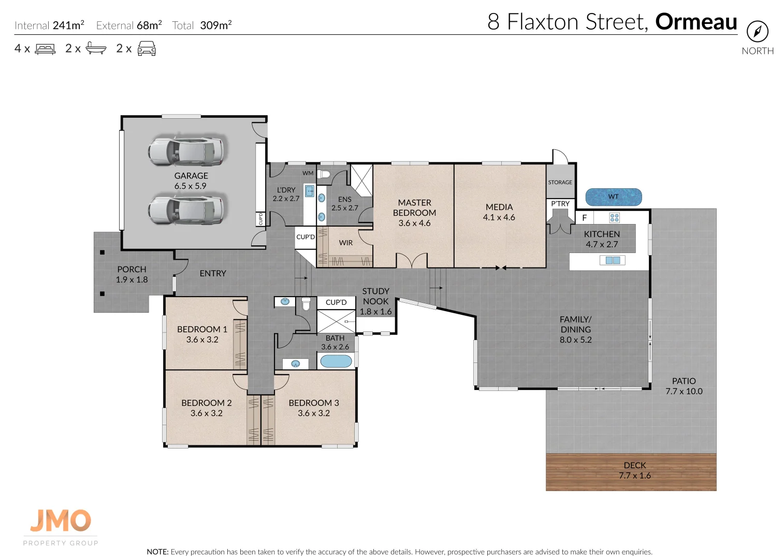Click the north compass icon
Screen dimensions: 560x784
pyautogui.click(x=757, y=32)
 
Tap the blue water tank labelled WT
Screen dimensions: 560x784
pyautogui.click(x=613, y=197)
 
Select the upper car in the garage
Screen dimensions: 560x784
pyautogui.click(x=186, y=150)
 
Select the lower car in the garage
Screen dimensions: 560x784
pyautogui.click(x=186, y=209)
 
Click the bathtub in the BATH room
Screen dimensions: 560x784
pyautogui.click(x=336, y=361)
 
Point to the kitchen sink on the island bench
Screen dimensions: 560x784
pyautogui.click(x=613, y=260)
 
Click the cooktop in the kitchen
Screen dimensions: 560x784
pyautogui.click(x=614, y=218)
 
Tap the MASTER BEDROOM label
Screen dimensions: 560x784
pyautogui.click(x=414, y=207)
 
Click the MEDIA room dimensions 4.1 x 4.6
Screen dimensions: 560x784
pyautogui.click(x=499, y=218)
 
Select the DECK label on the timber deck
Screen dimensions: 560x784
pyautogui.click(x=634, y=465)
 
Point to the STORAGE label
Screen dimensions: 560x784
pyautogui.click(x=560, y=183)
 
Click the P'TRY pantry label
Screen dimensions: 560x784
pyautogui.click(x=560, y=204)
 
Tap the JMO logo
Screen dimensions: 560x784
pyautogui.click(x=61, y=521)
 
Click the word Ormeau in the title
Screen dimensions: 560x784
pyautogui.click(x=695, y=22)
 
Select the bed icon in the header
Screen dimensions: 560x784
pyautogui.click(x=45, y=49)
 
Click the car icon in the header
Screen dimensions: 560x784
pyautogui.click(x=147, y=49)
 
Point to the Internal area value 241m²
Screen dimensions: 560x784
pyautogui.click(x=68, y=25)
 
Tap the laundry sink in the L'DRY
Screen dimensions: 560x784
pyautogui.click(x=309, y=191)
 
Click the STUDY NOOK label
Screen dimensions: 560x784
pyautogui.click(x=375, y=296)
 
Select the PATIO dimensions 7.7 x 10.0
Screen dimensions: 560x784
pyautogui.click(x=684, y=391)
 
